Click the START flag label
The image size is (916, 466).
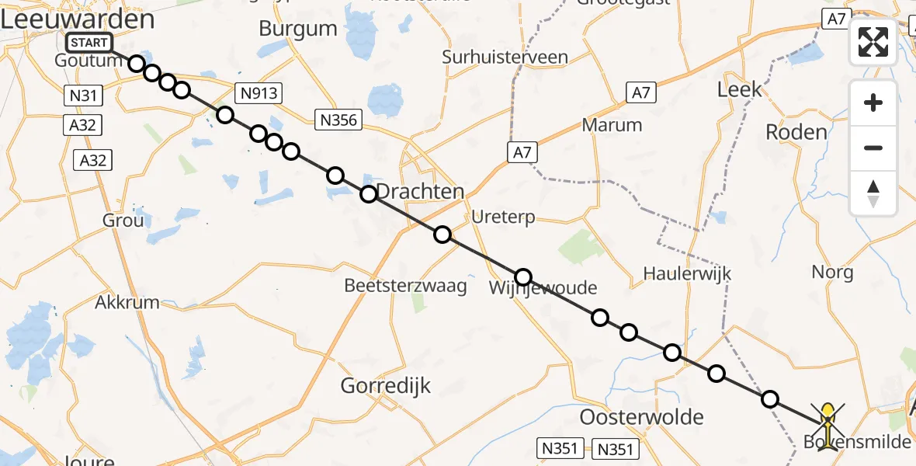point(90,43)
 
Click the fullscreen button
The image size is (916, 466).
point(873,42)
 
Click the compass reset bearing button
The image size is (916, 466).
point(873,193)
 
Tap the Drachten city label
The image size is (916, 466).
point(420,192)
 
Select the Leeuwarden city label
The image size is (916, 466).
point(77,19)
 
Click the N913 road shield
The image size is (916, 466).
point(260,93)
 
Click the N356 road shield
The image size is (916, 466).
point(338,119)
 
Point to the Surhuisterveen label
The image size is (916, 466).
point(505,57)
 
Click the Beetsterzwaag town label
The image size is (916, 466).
point(406,286)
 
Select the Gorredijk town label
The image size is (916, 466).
point(386,385)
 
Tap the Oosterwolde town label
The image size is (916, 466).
point(642,416)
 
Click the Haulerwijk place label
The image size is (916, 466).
point(687,273)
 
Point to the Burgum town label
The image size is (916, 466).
point(298,30)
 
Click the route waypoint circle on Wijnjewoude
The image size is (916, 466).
point(523,277)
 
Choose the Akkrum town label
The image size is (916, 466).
point(127,302)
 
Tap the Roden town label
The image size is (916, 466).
point(796,132)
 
